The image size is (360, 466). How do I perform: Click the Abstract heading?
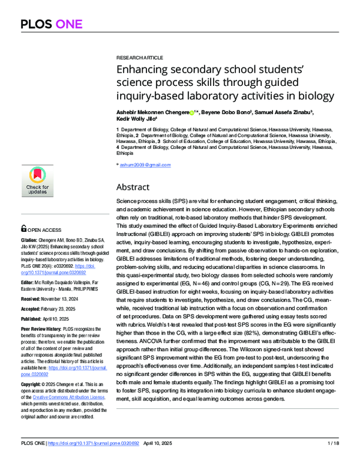click(x=133, y=187)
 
